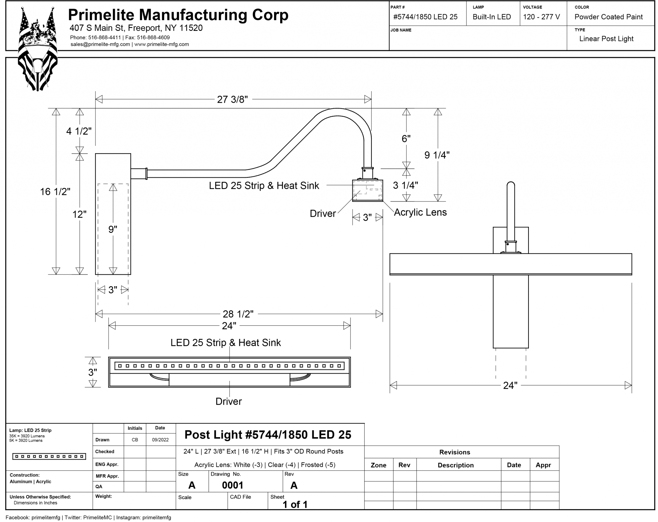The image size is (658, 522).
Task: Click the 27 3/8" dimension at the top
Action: pyautogui.click(x=232, y=100)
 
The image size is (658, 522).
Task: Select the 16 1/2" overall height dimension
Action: pyautogui.click(x=55, y=192)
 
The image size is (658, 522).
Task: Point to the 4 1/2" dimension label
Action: pyautogui.click(x=79, y=131)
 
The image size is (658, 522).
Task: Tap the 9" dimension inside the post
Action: pyautogui.click(x=113, y=229)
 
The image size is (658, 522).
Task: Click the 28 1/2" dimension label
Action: pyautogui.click(x=238, y=314)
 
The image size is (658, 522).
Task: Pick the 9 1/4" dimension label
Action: pyautogui.click(x=437, y=155)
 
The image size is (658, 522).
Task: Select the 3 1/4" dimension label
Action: pyautogui.click(x=405, y=185)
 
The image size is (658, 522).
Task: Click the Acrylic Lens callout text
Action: pyautogui.click(x=420, y=212)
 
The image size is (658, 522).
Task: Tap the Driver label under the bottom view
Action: pyautogui.click(x=228, y=401)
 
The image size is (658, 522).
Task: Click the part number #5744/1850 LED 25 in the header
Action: pyautogui.click(x=425, y=17)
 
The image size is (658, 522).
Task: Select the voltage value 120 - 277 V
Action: pyautogui.click(x=541, y=17)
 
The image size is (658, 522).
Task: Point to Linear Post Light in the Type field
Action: pyautogui.click(x=606, y=39)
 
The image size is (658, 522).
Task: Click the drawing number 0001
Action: pyautogui.click(x=233, y=485)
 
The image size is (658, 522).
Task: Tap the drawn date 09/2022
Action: pyautogui.click(x=160, y=440)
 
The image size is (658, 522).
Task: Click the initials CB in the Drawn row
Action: pyautogui.click(x=135, y=440)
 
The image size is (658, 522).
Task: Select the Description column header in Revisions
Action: pyautogui.click(x=456, y=465)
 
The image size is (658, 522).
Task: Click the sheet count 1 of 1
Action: pyautogui.click(x=295, y=505)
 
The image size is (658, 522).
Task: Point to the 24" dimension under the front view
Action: pyautogui.click(x=510, y=385)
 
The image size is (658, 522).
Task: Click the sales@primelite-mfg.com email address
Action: pyautogui.click(x=100, y=44)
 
